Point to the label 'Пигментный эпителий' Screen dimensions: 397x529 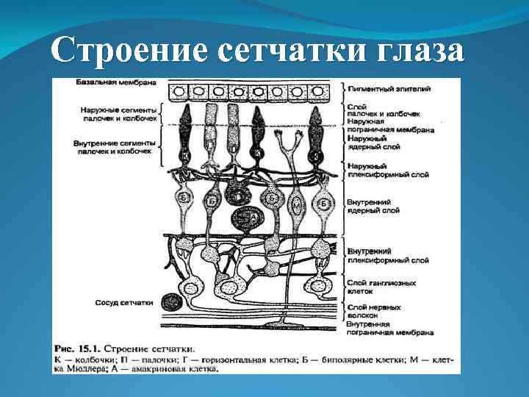click(389, 88)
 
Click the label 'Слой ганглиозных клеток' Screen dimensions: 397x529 click(381, 286)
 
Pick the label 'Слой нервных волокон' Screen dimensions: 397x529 click(374, 312)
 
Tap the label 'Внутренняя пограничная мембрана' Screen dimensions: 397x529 click(389, 328)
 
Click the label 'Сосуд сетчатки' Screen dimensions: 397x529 click(123, 302)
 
